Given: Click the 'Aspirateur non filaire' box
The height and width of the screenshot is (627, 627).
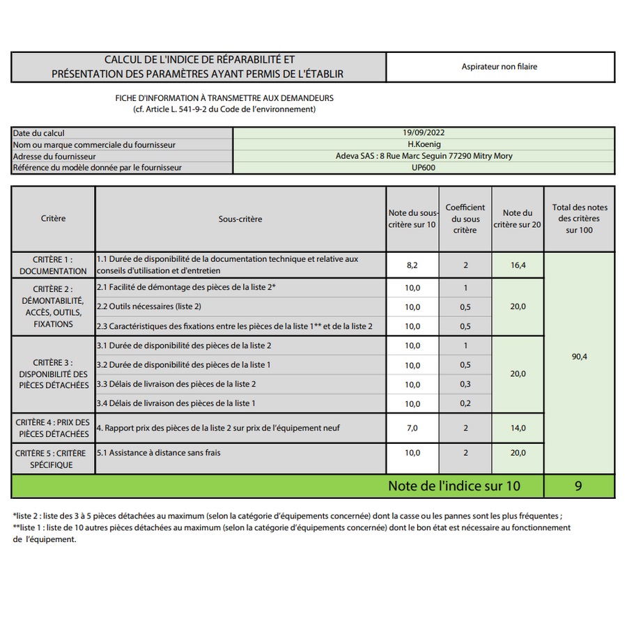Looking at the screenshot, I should coord(500,67).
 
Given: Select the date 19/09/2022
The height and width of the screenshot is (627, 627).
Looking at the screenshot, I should coord(423,133).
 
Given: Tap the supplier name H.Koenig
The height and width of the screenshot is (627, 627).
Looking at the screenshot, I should coord(423,144).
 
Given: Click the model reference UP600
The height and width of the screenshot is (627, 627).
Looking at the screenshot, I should coord(423,167).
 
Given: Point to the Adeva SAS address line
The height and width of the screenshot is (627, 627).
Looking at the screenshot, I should coord(423,156).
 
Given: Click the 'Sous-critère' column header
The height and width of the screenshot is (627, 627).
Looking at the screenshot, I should coord(240,219).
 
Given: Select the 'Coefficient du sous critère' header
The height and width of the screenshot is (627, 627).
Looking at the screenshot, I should coord(465,219).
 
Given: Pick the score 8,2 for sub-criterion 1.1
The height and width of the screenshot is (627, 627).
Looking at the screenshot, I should coord(412,265).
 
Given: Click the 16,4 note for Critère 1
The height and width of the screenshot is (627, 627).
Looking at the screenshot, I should coord(518,265).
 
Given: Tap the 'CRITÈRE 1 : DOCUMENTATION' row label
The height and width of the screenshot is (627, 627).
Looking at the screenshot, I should coord(54,265).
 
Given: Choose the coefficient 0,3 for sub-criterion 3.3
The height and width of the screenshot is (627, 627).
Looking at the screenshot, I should coord(465,384).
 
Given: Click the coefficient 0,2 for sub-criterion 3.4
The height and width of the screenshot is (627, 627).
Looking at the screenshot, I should coord(465,403).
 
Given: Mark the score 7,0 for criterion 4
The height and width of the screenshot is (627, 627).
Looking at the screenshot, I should coord(412,428).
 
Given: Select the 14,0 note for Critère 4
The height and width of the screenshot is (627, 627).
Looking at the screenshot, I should coord(518,428).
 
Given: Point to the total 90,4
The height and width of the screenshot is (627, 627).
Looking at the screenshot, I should coord(579,357).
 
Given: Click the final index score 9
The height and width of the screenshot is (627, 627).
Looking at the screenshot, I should coord(578,486).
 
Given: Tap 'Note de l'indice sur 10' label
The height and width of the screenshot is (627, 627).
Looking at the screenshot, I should coord(454,486).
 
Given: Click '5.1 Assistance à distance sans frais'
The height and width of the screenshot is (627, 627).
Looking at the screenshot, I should coord(159,453).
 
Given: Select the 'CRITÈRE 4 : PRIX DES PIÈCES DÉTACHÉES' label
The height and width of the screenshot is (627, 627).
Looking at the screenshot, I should coord(54,428).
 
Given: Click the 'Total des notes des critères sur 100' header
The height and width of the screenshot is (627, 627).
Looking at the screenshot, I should coord(579,219).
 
